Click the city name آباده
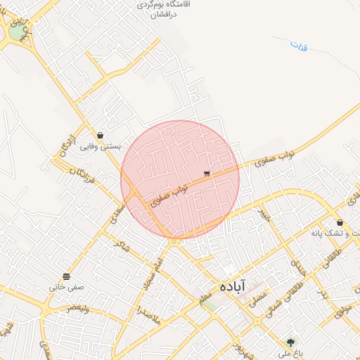(x=232, y=285)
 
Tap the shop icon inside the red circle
(x=207, y=173)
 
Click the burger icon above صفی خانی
(x=66, y=276)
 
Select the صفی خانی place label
(x=66, y=287)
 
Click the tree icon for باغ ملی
(x=290, y=342)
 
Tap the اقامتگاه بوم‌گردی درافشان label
(x=167, y=9)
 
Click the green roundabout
(x=16, y=32)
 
